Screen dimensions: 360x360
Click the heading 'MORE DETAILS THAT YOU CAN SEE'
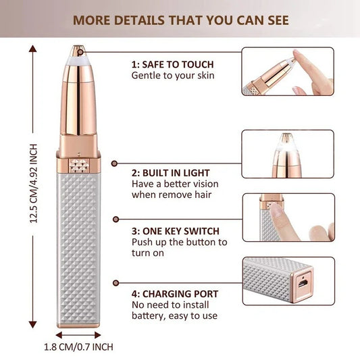click(180, 20)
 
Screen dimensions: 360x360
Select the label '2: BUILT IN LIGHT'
click(170, 173)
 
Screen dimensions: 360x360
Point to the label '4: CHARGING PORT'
click(174, 294)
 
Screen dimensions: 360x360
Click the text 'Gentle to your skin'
click(172, 75)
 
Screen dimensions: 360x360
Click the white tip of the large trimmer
click(79, 57)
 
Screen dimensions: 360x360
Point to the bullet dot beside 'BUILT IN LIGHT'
click(115, 163)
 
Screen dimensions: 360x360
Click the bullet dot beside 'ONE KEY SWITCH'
click(115, 219)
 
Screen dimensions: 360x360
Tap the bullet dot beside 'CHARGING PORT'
click(115, 283)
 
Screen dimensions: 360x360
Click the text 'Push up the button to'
click(179, 241)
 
